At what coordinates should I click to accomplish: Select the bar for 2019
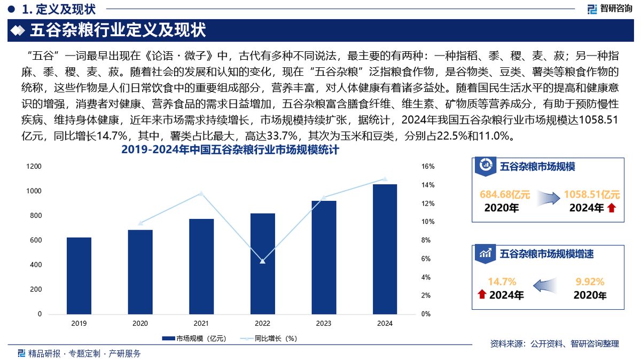click(x=79, y=276)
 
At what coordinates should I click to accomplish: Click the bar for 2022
click(x=262, y=264)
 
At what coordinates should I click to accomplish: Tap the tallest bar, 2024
click(x=385, y=249)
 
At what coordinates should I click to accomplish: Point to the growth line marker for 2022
click(x=262, y=261)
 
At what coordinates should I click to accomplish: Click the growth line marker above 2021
click(x=201, y=193)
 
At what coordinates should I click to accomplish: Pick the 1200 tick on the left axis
click(x=34, y=167)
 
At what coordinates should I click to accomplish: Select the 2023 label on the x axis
click(x=323, y=324)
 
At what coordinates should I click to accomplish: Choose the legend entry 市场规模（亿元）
click(x=194, y=338)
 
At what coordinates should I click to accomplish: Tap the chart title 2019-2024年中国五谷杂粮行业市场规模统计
click(x=230, y=151)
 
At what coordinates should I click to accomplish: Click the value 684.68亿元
click(x=505, y=195)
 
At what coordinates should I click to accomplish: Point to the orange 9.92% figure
click(x=590, y=282)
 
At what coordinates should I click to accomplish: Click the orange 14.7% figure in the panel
click(x=502, y=282)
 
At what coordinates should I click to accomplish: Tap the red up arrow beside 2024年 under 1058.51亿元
click(x=612, y=208)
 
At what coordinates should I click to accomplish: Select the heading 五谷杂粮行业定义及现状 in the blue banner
click(x=118, y=30)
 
